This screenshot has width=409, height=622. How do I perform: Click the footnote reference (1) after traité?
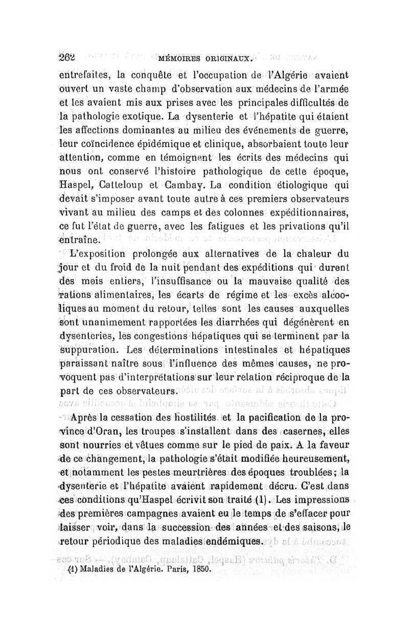pos(264,500)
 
